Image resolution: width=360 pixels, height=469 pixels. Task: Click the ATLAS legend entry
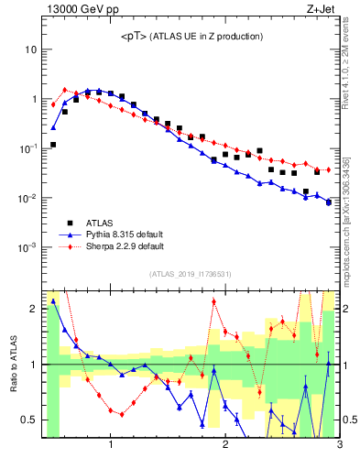[100, 223]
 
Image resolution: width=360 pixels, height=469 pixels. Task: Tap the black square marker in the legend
[68, 223]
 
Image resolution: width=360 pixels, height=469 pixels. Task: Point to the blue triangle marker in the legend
[68, 234]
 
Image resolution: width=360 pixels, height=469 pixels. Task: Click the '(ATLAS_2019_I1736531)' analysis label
[191, 274]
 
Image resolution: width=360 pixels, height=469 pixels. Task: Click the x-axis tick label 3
[339, 446]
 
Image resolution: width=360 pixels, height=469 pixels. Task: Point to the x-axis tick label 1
[111, 446]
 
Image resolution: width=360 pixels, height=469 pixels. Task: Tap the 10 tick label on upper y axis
[32, 49]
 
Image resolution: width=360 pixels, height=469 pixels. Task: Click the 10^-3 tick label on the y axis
[29, 248]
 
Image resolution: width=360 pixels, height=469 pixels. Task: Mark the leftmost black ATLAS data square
[53, 145]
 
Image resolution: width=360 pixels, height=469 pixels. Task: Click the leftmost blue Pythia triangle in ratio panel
[53, 300]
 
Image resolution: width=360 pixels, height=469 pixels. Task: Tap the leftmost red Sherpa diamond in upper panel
[53, 104]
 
